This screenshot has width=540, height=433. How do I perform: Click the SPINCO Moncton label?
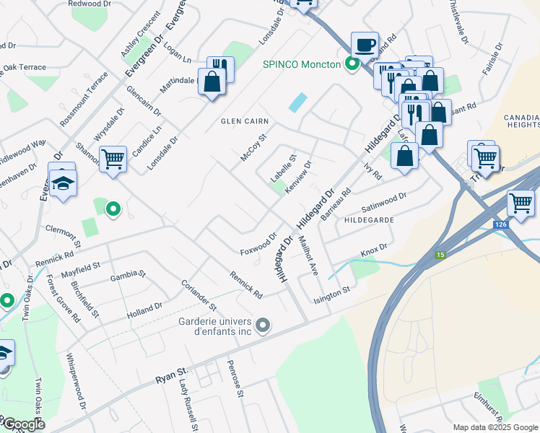pyautogui.click(x=301, y=64)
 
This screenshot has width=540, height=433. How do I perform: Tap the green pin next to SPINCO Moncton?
pyautogui.click(x=352, y=64)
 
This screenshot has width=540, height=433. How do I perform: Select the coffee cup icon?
pyautogui.click(x=365, y=44)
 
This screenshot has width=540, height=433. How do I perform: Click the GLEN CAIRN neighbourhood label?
pyautogui.click(x=245, y=122)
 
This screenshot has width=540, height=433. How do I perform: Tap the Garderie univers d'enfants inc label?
pyautogui.click(x=214, y=326)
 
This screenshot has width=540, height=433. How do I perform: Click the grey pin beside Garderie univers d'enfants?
pyautogui.click(x=263, y=326)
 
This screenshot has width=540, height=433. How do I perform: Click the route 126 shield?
pyautogui.click(x=500, y=226)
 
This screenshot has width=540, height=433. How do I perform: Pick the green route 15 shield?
pyautogui.click(x=440, y=255)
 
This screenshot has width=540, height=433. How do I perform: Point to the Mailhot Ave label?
pyautogui.click(x=308, y=256)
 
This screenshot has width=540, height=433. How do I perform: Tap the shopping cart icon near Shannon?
pyautogui.click(x=113, y=158)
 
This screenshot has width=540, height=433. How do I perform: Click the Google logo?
pyautogui.click(x=23, y=424)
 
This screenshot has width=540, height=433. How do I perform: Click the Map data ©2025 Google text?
pyautogui.click(x=495, y=427)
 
